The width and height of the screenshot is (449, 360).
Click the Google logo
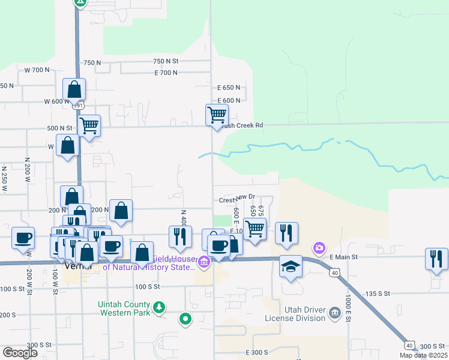pos(19,353)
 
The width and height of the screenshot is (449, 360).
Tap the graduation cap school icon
pos(291,265)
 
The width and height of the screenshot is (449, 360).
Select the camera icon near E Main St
pos(319,248)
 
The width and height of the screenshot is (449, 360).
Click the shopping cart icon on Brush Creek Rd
pos(217,114)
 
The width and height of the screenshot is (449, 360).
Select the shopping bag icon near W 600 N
pos(74,90)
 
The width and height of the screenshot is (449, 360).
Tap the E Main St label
pos(344,257)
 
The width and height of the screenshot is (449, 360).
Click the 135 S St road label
pos(379,293)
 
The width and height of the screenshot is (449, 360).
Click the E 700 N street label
pos(166,73)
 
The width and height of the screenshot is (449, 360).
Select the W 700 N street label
pos(37,70)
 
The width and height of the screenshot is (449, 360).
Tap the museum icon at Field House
pos(204,262)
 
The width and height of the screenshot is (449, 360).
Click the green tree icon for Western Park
pos(158,308)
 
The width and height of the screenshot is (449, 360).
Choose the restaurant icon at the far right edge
pos(436,259)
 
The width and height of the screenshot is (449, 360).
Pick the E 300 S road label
pos(259,353)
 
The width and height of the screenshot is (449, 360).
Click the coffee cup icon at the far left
pos(23,237)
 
